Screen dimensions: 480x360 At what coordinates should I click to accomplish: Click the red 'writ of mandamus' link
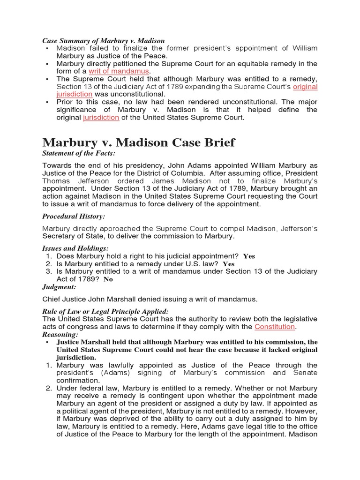tap(119, 71)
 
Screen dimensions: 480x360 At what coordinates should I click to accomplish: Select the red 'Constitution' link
tap(275, 326)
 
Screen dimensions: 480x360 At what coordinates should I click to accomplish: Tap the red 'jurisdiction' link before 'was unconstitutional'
tap(75, 94)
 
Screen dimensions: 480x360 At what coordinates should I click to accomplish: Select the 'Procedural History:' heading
tap(74, 216)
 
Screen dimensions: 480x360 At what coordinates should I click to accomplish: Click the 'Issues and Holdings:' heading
tap(75, 248)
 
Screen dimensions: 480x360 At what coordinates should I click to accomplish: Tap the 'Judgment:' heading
tap(59, 286)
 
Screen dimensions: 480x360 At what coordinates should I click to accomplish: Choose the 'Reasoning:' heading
tap(60, 334)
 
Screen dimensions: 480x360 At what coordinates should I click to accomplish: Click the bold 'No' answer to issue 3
tap(108, 279)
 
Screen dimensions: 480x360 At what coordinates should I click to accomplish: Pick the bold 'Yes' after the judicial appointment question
tap(249, 256)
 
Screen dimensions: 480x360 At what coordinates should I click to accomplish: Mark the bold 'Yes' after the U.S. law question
tap(229, 264)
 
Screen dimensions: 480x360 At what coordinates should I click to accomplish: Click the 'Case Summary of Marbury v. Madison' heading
tap(104, 41)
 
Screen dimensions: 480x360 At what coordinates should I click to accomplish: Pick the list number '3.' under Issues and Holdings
tap(49, 271)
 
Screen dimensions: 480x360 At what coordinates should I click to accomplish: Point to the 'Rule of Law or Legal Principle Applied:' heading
tap(105, 311)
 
